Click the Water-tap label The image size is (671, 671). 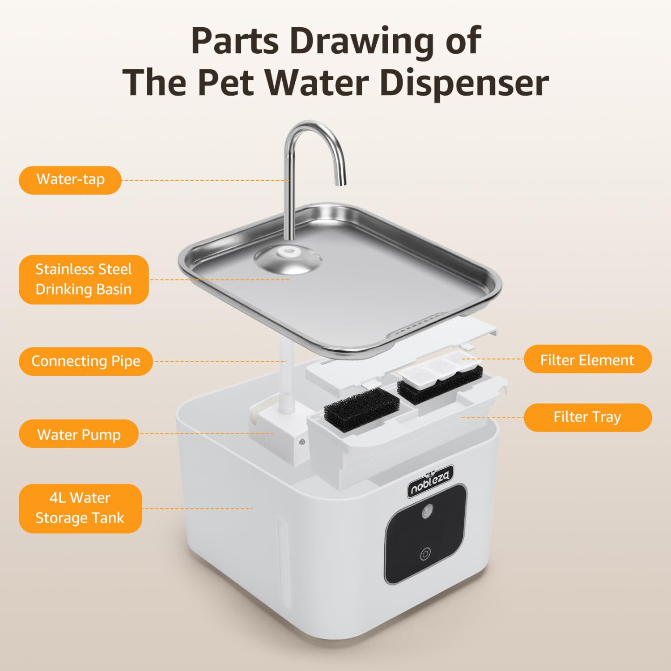tap(70, 180)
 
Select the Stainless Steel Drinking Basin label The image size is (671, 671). tap(84, 280)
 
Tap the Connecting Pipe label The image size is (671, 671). tap(85, 361)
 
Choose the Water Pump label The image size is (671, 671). tap(79, 434)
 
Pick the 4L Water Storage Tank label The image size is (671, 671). tap(80, 508)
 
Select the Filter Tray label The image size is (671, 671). tap(587, 417)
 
